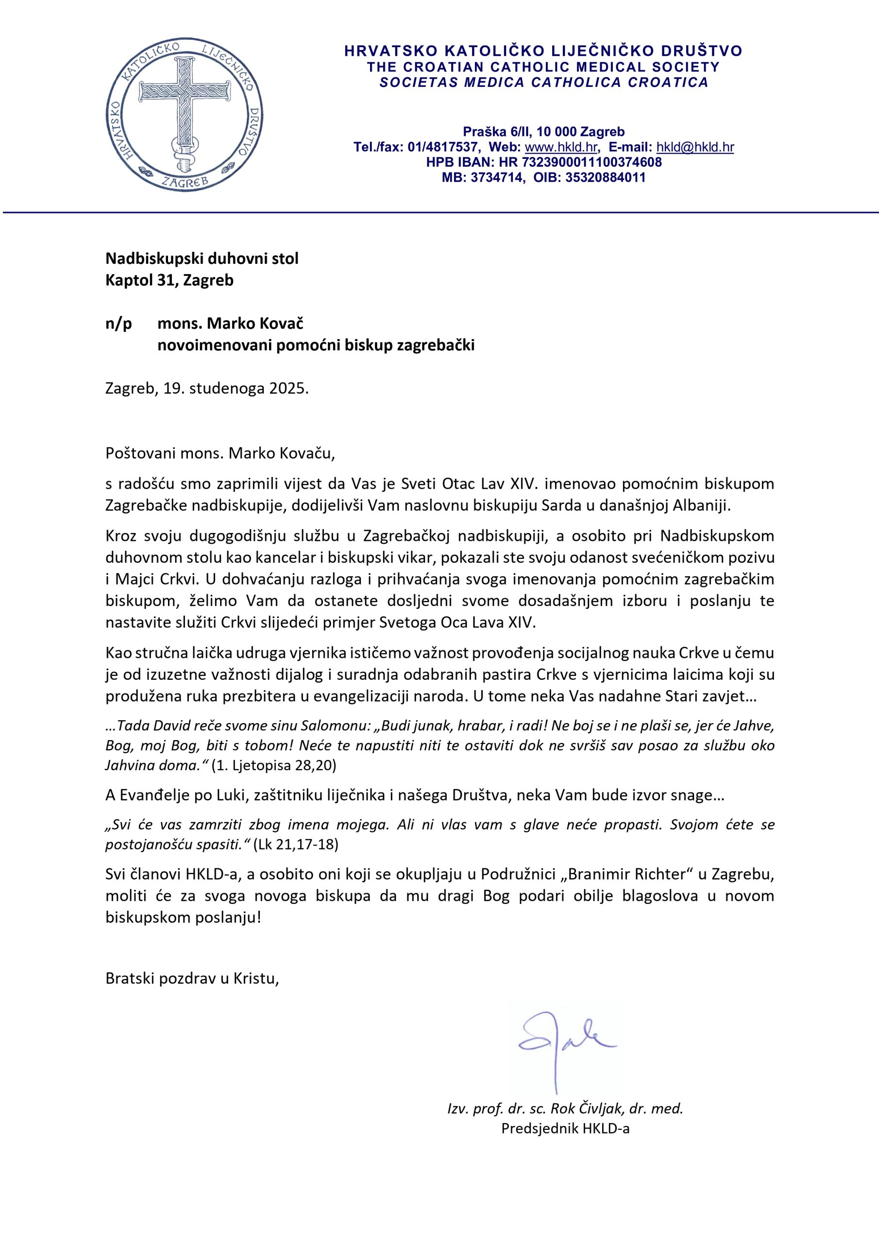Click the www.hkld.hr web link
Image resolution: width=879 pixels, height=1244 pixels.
coord(561,147)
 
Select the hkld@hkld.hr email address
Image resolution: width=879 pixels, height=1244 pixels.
coord(695,147)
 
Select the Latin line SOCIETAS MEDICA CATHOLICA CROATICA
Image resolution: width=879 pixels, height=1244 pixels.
coord(543,82)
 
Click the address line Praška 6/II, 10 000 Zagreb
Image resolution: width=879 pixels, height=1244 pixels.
coord(543,132)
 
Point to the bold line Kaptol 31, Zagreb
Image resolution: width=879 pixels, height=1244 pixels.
coord(169,280)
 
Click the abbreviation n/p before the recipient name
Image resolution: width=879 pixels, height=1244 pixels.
coord(118,324)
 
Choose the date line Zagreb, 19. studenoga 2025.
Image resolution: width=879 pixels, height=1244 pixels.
coord(207,388)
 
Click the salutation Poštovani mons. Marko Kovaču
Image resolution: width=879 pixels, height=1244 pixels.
coord(220,453)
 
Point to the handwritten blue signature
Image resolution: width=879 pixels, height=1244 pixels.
coord(560,1043)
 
